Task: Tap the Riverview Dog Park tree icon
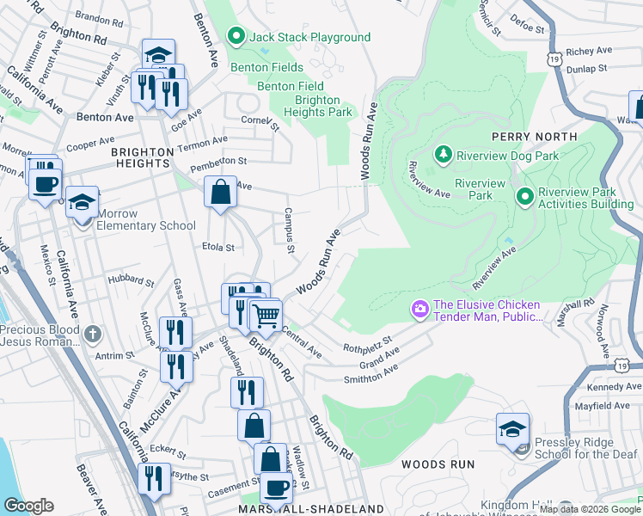(444, 155)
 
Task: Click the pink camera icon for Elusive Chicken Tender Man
(420, 308)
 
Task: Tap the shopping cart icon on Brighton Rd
(266, 316)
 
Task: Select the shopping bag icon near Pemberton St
(221, 192)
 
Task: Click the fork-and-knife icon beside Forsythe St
(155, 477)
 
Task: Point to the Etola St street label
(217, 248)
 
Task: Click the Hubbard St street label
(131, 280)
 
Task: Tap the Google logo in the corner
(28, 506)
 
